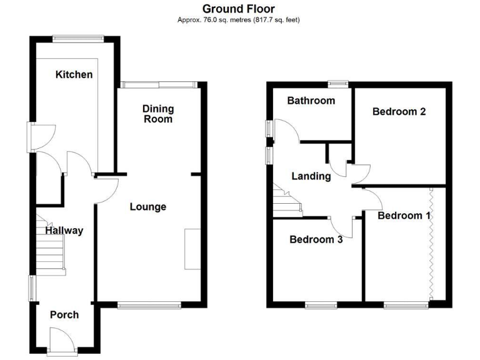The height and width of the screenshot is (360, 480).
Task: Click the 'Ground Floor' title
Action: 239,9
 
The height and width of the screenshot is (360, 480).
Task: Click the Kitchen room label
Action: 74,75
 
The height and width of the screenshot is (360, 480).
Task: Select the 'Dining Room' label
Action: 157,113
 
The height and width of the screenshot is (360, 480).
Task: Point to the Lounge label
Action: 148,206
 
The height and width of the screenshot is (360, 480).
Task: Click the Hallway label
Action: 64,230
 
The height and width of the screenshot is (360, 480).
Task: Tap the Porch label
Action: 64,314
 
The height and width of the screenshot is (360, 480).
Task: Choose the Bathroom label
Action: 311,100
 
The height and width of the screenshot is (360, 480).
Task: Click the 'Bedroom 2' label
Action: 399,112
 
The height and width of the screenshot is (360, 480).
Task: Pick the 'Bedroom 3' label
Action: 316,239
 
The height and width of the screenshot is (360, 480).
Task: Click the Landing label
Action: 311,176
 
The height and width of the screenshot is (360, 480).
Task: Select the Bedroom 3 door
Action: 342,228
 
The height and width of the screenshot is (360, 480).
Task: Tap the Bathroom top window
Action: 339,82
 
